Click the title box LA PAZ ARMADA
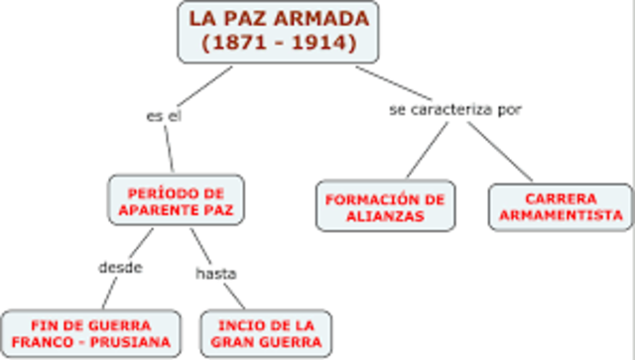pos(278,30)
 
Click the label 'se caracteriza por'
pos(454,108)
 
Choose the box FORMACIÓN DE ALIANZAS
pos(386,205)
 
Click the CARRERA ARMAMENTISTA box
pos(561,205)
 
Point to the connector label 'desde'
pos(121,267)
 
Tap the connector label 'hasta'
pos(215,272)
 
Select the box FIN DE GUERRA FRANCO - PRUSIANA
pos(90,334)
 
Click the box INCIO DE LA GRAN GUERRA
pos(266,334)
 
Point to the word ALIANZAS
pos(386,214)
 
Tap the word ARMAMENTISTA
pos(561,214)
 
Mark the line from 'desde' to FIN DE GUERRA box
pos(107,294)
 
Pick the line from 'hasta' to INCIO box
pos(234,297)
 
